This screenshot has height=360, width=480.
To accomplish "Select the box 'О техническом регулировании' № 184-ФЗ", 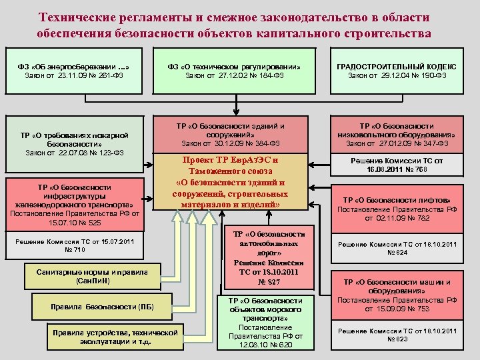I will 234,71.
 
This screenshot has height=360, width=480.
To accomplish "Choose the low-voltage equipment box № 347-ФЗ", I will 397,134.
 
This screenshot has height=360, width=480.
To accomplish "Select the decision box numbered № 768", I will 397,165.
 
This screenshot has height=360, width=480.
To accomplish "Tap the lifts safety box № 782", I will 397,209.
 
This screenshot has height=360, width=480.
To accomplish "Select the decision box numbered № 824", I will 397,249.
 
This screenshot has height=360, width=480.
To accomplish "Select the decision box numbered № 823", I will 397,335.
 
